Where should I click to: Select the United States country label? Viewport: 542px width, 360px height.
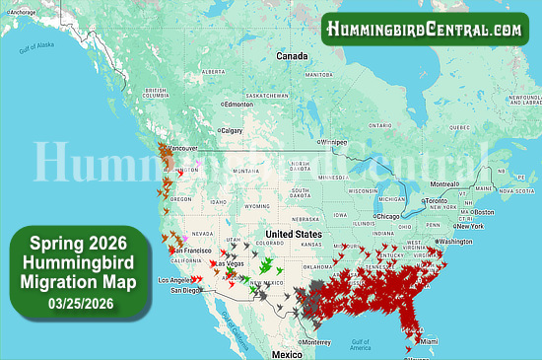[x=295, y=234]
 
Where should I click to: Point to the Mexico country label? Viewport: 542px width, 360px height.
[x=287, y=353]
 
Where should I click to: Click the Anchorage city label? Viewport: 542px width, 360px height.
[x=24, y=12]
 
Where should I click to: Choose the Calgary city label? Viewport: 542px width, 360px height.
[x=232, y=130]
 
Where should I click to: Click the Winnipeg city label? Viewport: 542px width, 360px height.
[x=331, y=141]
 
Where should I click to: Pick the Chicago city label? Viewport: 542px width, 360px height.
[x=389, y=216]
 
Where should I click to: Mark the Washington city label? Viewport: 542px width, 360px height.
[x=455, y=241]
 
